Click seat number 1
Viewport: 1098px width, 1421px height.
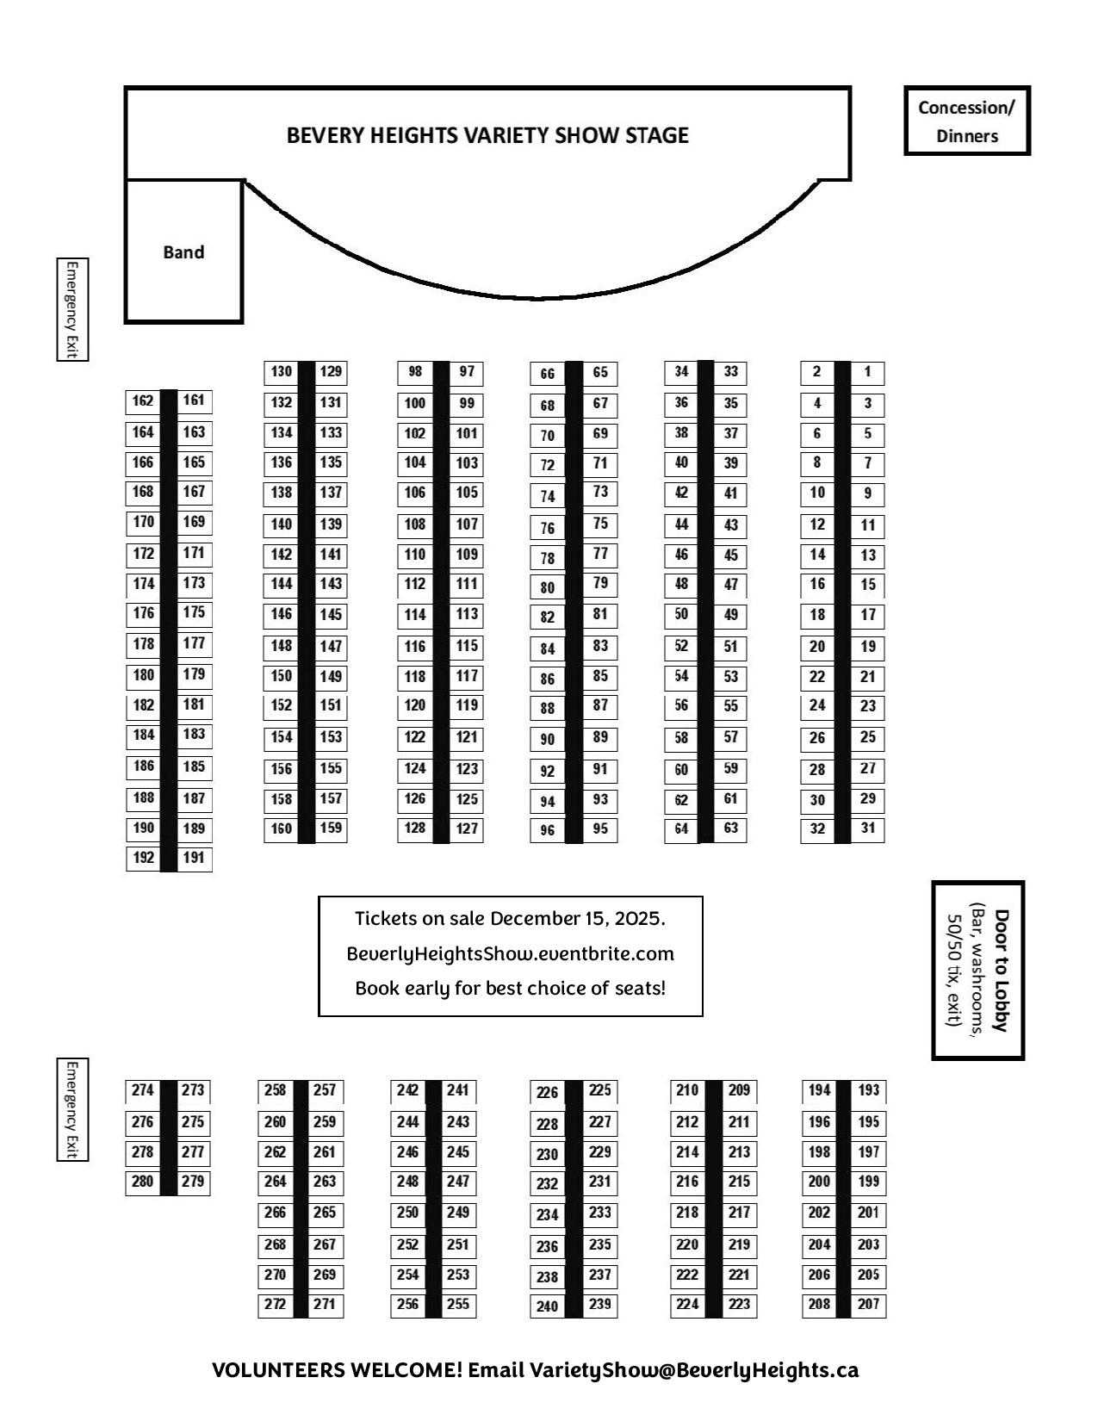point(867,372)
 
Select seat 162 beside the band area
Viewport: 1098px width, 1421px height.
point(143,400)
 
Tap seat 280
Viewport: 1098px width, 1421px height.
point(143,1182)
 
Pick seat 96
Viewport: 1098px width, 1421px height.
point(548,831)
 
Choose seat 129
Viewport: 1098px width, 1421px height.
point(331,372)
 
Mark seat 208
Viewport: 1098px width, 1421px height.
point(819,1304)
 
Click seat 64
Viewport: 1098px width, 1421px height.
point(681,829)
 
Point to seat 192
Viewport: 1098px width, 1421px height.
point(144,858)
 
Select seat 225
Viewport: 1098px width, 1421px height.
point(600,1090)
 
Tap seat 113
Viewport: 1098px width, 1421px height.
point(467,614)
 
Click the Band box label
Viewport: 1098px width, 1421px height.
point(183,252)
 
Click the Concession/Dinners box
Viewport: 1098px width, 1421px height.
point(966,121)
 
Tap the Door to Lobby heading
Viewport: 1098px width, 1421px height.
point(1001,970)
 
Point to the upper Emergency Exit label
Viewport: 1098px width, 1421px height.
point(72,309)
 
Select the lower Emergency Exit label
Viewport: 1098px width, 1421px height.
point(72,1109)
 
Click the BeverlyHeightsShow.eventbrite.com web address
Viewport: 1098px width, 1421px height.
point(510,954)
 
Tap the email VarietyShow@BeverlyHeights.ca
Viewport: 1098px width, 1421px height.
point(694,1370)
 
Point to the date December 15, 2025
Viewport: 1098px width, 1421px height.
point(577,919)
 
